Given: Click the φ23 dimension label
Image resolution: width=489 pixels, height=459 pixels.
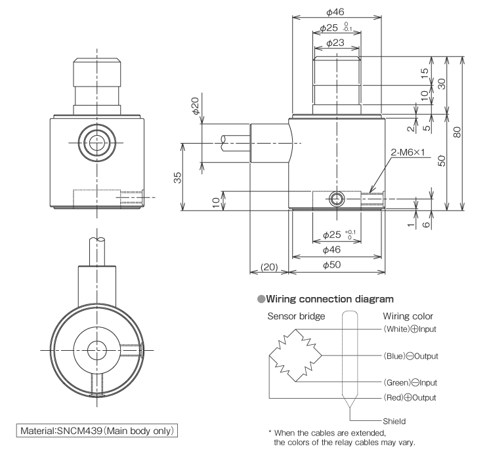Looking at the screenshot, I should click(336, 43).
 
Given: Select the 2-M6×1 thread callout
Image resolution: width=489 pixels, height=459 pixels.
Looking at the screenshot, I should click(409, 153).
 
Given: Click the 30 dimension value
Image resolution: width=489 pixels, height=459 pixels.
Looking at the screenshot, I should click(442, 84).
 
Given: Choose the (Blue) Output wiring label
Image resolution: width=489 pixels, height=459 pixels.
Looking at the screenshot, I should click(418, 356).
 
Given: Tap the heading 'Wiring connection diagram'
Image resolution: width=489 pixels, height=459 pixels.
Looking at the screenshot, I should click(320, 299).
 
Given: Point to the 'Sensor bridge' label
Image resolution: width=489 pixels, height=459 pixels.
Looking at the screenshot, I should click(296, 316).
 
